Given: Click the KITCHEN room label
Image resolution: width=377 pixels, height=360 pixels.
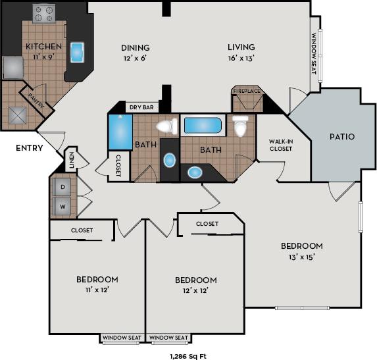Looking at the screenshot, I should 43,47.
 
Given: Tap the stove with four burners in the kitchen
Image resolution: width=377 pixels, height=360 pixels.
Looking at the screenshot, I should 45,13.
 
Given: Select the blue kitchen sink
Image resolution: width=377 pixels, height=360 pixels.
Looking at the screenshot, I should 77,52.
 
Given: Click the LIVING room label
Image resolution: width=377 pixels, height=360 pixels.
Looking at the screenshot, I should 241,47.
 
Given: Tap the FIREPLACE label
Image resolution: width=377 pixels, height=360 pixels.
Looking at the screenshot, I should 247,91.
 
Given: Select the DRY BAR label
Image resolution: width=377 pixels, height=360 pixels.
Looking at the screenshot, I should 141,107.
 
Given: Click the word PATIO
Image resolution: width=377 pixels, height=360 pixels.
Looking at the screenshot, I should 342,137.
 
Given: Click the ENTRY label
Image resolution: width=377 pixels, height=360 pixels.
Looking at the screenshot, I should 30,148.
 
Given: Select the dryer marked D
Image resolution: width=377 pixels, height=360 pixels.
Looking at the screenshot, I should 63,186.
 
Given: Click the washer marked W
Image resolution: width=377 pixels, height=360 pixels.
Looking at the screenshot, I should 63,207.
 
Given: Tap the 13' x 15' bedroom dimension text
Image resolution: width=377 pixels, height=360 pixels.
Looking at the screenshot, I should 301,257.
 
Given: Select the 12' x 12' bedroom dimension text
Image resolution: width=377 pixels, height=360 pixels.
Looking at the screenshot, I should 196,290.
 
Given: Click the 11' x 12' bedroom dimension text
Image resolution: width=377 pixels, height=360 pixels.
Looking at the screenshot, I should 97,290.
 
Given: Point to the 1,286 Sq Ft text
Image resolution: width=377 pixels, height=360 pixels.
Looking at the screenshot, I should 188,355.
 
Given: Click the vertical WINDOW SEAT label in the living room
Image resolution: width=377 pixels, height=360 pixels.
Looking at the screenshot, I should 313,57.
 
